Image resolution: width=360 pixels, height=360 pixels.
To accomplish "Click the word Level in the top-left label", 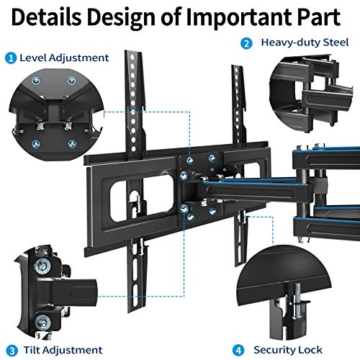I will point(33,58).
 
